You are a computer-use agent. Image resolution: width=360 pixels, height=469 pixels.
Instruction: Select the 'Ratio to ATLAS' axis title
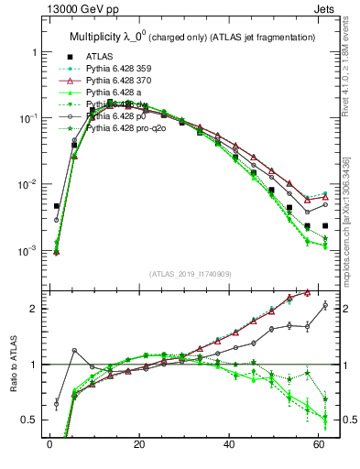coord(13,364)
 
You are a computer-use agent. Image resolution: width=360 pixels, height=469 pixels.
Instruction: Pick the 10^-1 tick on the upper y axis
coord(27,118)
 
